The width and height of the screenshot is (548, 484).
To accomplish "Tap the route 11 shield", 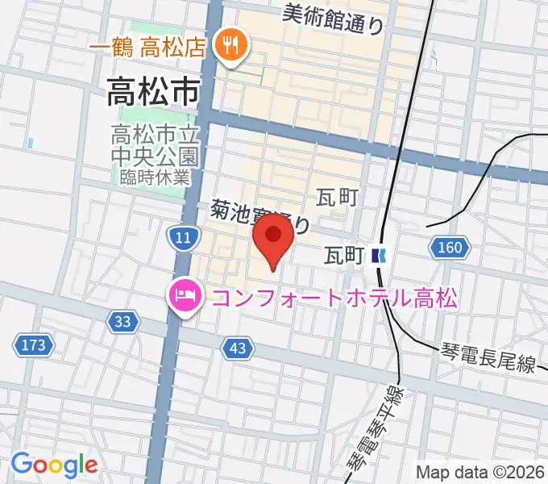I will pos(182,236).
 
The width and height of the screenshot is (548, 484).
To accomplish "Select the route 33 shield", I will pos(122,322).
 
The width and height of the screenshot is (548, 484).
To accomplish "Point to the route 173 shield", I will pos(33,346).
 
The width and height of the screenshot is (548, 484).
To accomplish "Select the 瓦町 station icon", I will pos(380,257).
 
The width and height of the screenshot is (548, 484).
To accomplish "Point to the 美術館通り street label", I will pos(334,18).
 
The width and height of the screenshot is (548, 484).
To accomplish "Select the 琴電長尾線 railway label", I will pos(489,358).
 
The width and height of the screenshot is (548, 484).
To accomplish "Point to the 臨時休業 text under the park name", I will pos(153,176).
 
